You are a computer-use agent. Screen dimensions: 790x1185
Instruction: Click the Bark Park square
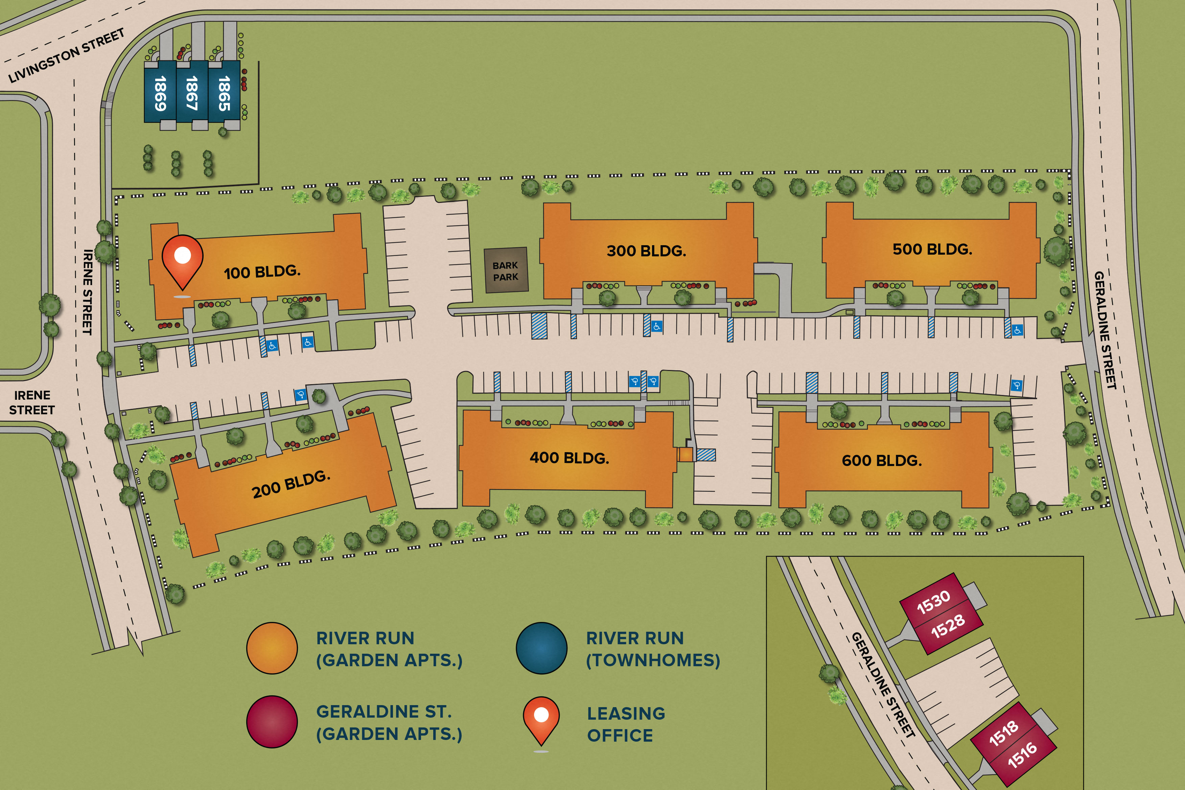pyautogui.click(x=506, y=271)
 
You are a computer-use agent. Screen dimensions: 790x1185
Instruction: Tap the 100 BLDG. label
pyautogui.click(x=262, y=272)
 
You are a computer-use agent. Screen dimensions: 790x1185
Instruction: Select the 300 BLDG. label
pyautogui.click(x=646, y=251)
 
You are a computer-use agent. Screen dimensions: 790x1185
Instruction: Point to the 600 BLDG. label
pyautogui.click(x=882, y=461)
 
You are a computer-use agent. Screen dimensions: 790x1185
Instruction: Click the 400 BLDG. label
pyautogui.click(x=569, y=458)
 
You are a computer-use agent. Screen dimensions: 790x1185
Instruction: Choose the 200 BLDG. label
pyautogui.click(x=291, y=484)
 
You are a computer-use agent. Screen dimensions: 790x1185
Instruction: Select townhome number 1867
pyautogui.click(x=192, y=93)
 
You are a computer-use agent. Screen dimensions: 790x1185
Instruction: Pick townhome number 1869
pyautogui.click(x=160, y=93)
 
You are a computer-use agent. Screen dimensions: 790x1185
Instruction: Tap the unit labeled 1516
pyautogui.click(x=1022, y=754)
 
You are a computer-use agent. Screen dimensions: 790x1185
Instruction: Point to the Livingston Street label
pyautogui.click(x=67, y=55)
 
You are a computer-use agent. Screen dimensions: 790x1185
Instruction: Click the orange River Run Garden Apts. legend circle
pyautogui.click(x=272, y=648)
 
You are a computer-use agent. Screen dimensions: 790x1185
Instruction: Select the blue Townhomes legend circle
pyautogui.click(x=542, y=648)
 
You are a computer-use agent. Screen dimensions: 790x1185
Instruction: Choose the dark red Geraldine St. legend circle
pyautogui.click(x=272, y=722)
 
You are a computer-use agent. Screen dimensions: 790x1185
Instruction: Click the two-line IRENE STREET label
pyautogui.click(x=32, y=402)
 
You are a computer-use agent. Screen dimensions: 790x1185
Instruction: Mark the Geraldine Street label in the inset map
pyautogui.click(x=883, y=685)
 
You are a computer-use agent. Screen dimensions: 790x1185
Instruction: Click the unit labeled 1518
pyautogui.click(x=1004, y=733)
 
